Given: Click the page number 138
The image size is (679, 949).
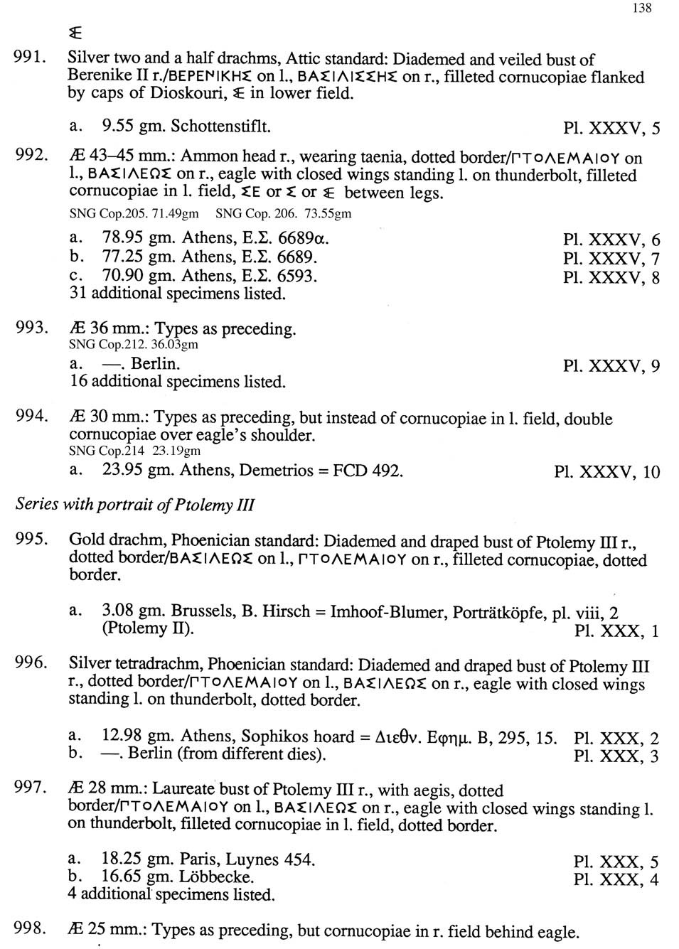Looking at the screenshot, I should pyautogui.click(x=641, y=8).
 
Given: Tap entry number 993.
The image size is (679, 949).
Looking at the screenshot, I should pyautogui.click(x=31, y=328).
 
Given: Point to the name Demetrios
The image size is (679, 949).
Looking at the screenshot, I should pyautogui.click(x=276, y=471).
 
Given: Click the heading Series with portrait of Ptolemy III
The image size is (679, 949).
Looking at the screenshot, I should pyautogui.click(x=135, y=505).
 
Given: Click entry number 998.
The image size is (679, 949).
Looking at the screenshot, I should pyautogui.click(x=30, y=928).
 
